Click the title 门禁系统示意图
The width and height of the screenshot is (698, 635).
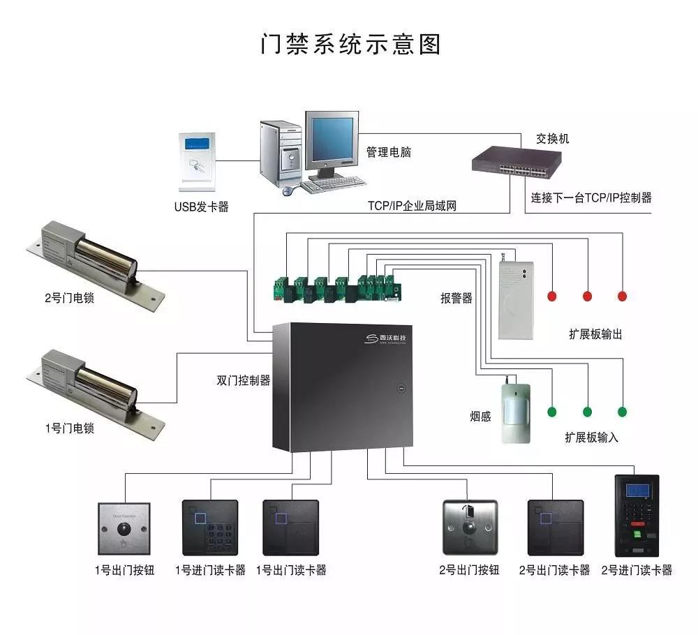tap(350, 44)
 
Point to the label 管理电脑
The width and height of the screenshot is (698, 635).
tap(389, 151)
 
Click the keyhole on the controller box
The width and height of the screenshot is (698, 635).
tap(401, 388)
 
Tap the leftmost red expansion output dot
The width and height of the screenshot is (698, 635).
tap(551, 297)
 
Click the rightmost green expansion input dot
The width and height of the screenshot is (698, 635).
tap(622, 412)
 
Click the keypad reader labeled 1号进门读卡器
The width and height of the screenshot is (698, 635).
tap(209, 527)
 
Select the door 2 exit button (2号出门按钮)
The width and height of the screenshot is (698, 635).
tap(470, 527)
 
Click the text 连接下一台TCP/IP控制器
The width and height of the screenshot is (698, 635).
tap(591, 198)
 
